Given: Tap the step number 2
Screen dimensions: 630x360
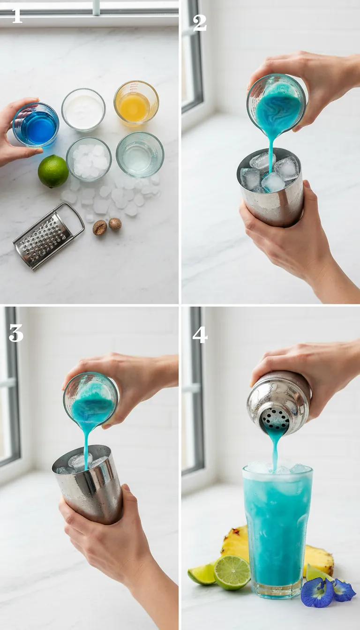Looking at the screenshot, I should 199,22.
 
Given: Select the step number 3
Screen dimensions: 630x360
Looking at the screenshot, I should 15,333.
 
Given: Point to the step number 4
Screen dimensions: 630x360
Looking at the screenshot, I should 199,334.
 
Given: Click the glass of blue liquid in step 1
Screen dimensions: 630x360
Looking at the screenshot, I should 37,125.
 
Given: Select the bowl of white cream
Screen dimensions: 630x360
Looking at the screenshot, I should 83,109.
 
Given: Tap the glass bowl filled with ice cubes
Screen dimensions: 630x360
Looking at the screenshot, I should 89,158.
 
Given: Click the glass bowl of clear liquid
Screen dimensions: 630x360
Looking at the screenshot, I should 140,154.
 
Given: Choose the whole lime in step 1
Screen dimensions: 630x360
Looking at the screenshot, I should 53,171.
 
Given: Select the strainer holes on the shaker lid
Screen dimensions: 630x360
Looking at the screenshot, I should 276,417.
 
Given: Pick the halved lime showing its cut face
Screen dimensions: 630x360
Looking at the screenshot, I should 232,572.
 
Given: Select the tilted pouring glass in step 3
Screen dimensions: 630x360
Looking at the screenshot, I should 91,398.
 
